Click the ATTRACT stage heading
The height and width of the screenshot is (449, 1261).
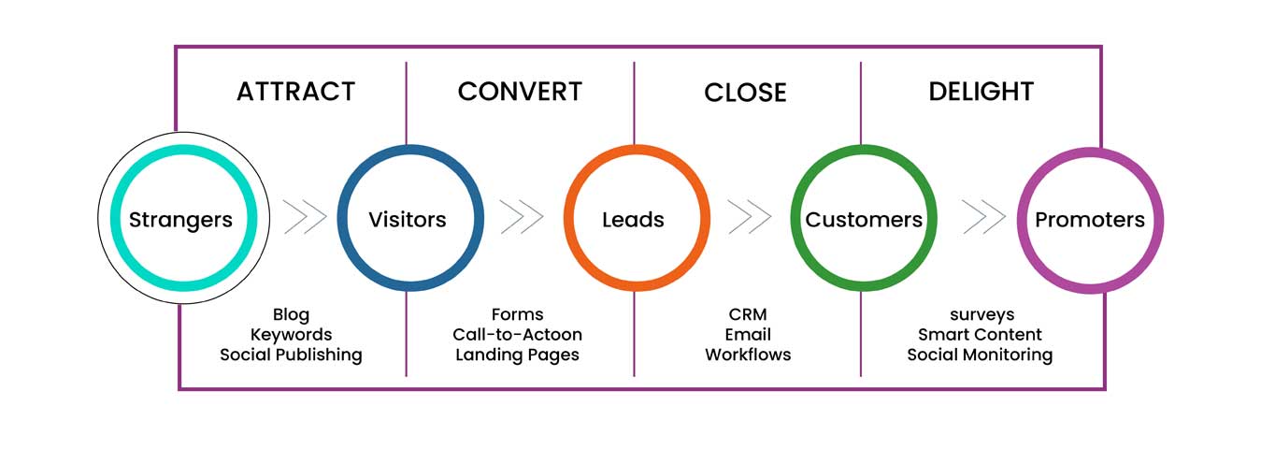point(295,92)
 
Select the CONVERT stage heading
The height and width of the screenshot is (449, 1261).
point(520,92)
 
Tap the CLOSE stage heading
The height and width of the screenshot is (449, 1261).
point(745,93)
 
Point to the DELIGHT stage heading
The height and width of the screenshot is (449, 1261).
point(981,92)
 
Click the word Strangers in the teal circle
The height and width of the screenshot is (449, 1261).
point(180,220)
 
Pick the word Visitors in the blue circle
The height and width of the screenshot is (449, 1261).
point(408,220)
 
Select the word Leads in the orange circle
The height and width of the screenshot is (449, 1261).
point(633,220)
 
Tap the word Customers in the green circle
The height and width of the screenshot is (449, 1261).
point(864,220)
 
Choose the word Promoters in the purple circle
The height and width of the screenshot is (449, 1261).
point(1089,220)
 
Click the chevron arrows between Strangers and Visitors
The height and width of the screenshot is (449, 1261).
point(305,217)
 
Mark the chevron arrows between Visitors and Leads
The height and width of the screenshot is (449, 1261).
point(522,217)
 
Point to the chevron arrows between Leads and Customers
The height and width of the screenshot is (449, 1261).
point(750,217)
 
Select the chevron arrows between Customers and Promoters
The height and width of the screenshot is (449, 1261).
point(983,217)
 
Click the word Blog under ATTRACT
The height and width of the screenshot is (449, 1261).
point(291,314)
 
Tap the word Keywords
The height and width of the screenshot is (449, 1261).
point(291,334)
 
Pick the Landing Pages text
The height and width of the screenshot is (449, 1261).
point(517,355)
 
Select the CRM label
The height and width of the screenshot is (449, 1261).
point(748,314)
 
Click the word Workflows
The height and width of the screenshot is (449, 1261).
point(748,355)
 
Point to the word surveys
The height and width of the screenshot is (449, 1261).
point(980,314)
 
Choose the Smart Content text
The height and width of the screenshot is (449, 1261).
point(980,334)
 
